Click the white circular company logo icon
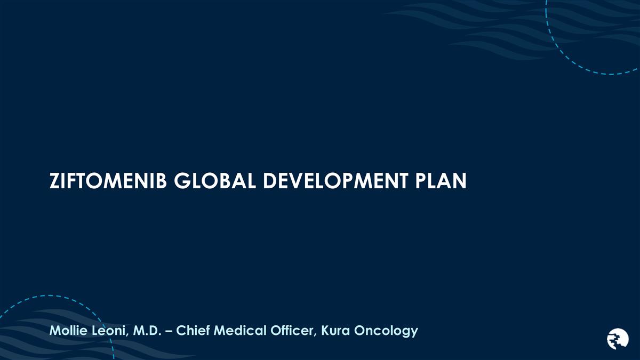[618, 338]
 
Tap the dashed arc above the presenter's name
[80, 303]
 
